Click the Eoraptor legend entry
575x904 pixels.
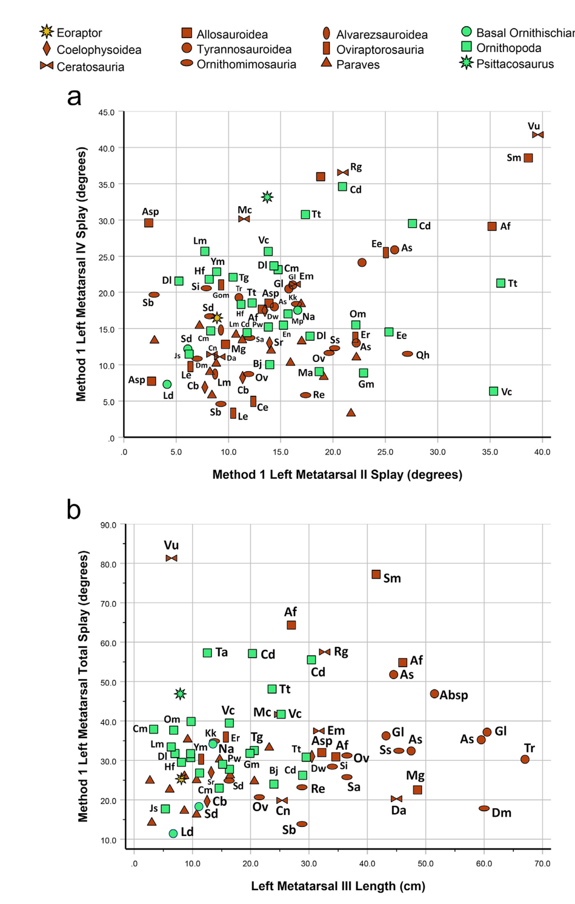(x=71, y=33)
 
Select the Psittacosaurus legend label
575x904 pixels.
(x=514, y=64)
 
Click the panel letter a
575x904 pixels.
(x=74, y=96)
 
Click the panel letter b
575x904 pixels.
(x=73, y=510)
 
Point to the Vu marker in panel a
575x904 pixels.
(x=537, y=135)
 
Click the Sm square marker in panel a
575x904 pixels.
(x=528, y=158)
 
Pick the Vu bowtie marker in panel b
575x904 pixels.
(x=171, y=558)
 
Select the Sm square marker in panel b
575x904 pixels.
(x=376, y=574)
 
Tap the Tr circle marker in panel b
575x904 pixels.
(x=525, y=759)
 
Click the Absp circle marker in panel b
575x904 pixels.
(x=434, y=694)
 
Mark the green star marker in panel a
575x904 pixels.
(x=267, y=197)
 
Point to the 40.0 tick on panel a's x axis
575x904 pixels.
(x=542, y=452)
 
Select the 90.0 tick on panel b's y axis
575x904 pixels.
(x=108, y=525)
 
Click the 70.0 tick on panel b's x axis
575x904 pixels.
(x=542, y=863)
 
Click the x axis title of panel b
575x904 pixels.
(x=338, y=886)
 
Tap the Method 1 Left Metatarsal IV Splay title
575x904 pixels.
(x=81, y=274)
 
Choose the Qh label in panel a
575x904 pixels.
(x=422, y=355)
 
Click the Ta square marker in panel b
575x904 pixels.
(x=207, y=652)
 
